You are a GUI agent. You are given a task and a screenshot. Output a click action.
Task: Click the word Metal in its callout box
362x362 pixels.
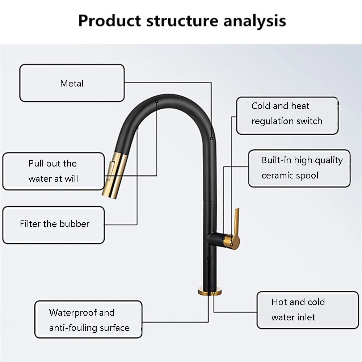coord(72,83)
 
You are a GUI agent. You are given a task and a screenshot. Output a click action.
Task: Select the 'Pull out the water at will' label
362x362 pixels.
coord(53,171)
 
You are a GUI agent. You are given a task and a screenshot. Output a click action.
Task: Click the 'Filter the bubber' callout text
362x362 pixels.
coord(55,224)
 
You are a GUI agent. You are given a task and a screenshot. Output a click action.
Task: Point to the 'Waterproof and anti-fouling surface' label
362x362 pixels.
coord(89,320)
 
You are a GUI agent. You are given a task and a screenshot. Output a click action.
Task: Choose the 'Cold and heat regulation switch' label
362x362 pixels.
coord(287,114)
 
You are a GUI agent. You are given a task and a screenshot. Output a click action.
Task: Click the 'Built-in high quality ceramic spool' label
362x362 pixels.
coord(302,168)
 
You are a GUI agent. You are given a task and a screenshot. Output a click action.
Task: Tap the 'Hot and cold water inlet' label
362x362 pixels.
coord(298,310)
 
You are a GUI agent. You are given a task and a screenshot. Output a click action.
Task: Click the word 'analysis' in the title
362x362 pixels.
coord(254,21)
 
